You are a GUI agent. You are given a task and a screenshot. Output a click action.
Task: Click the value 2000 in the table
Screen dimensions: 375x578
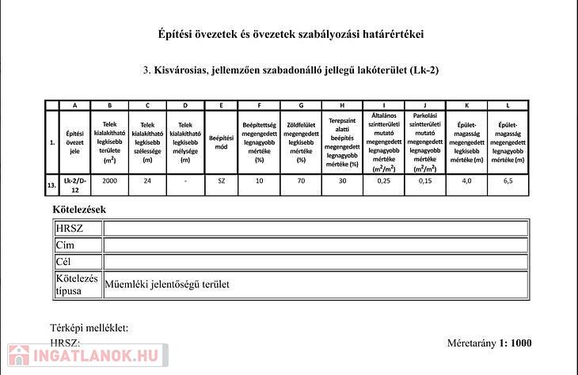[x=109, y=181]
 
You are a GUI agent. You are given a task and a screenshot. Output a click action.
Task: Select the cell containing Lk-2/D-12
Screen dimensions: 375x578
[x=75, y=185]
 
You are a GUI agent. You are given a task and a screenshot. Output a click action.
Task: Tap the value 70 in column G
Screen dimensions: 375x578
[x=301, y=181]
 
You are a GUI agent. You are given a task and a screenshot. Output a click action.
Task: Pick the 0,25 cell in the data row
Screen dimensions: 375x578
[x=384, y=181]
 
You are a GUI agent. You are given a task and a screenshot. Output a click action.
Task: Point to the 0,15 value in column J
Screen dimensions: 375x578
[x=425, y=181]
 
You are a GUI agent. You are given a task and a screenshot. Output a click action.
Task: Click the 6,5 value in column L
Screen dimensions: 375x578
[x=508, y=181]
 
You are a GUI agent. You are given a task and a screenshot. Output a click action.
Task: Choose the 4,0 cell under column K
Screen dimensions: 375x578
[x=466, y=181]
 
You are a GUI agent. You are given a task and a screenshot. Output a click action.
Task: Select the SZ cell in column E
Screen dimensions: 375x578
[x=221, y=181]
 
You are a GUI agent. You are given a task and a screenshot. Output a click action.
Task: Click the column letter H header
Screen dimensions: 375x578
[x=342, y=105]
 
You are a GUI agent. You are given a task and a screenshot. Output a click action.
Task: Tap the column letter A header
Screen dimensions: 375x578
[x=75, y=105]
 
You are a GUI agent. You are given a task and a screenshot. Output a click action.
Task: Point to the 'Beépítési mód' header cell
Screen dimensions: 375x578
[x=221, y=142]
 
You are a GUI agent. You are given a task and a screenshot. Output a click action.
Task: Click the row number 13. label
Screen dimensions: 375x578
[x=51, y=185]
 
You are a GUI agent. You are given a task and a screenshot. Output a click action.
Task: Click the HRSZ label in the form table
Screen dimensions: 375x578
[x=69, y=229]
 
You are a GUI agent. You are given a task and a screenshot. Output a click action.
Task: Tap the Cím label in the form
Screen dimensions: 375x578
[x=65, y=245]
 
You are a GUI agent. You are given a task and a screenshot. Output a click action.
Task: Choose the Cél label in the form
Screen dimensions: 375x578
[x=64, y=262]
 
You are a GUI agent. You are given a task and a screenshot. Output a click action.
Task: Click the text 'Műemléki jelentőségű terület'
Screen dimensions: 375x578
[x=168, y=284]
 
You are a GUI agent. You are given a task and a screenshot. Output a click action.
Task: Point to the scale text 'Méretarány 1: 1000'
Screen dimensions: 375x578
[x=489, y=343]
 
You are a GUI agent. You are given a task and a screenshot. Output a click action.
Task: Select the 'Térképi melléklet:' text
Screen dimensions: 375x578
[x=89, y=328]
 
